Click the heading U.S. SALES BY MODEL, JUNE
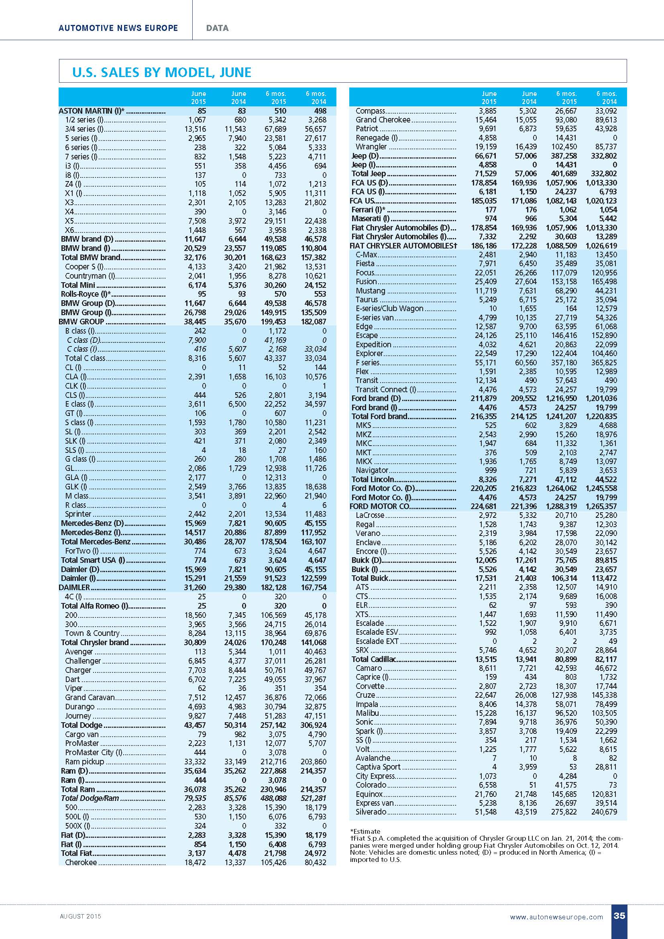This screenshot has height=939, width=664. click(x=161, y=72)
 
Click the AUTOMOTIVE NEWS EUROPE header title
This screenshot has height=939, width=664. click(x=118, y=28)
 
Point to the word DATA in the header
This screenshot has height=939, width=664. click(x=218, y=28)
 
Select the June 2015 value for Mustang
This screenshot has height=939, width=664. click(x=487, y=291)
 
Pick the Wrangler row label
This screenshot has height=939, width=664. click(x=371, y=147)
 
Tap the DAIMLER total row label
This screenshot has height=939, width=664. click(x=74, y=588)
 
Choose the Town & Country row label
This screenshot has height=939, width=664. click(x=92, y=633)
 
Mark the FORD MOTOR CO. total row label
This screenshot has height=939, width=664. click(x=379, y=506)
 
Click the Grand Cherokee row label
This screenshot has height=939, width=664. click(x=383, y=120)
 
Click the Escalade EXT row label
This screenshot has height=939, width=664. click(x=377, y=641)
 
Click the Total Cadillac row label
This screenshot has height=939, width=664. click(x=374, y=659)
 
